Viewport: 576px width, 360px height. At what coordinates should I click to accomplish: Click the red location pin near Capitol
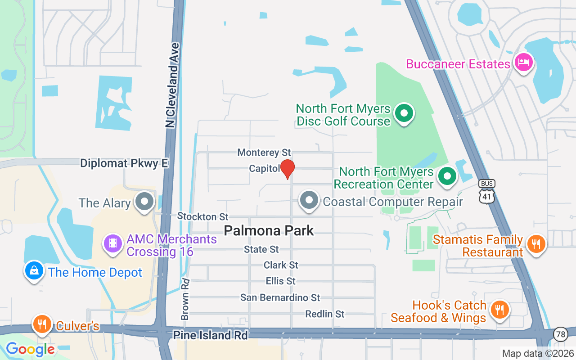(x=287, y=168)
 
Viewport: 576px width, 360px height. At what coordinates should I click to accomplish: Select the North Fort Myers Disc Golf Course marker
(x=404, y=113)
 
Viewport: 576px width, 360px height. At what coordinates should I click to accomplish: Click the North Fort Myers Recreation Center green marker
(x=447, y=176)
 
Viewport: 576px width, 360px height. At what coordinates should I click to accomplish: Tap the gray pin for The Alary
(x=144, y=201)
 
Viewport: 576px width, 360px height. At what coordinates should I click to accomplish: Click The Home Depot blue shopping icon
(x=34, y=270)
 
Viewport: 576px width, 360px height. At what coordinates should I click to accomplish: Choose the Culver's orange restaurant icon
(x=42, y=324)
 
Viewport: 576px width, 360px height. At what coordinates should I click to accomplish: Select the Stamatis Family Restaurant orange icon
(x=535, y=244)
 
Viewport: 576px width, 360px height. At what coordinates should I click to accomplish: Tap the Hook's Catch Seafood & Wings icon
(x=499, y=310)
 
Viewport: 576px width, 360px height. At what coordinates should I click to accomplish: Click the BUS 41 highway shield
(x=487, y=192)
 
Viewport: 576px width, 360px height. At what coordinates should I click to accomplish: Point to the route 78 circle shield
(x=560, y=334)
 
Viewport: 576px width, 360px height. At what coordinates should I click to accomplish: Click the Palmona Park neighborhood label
(x=269, y=231)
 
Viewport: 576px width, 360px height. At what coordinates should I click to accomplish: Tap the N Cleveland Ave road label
(x=172, y=85)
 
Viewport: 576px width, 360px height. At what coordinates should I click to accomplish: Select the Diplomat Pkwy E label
(x=124, y=163)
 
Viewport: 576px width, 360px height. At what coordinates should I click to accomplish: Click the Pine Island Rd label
(x=211, y=335)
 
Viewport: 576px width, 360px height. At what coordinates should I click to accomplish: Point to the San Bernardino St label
(x=280, y=297)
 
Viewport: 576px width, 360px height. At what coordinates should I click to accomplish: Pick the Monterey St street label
(x=264, y=153)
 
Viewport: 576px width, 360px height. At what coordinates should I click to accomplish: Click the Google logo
(x=30, y=349)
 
